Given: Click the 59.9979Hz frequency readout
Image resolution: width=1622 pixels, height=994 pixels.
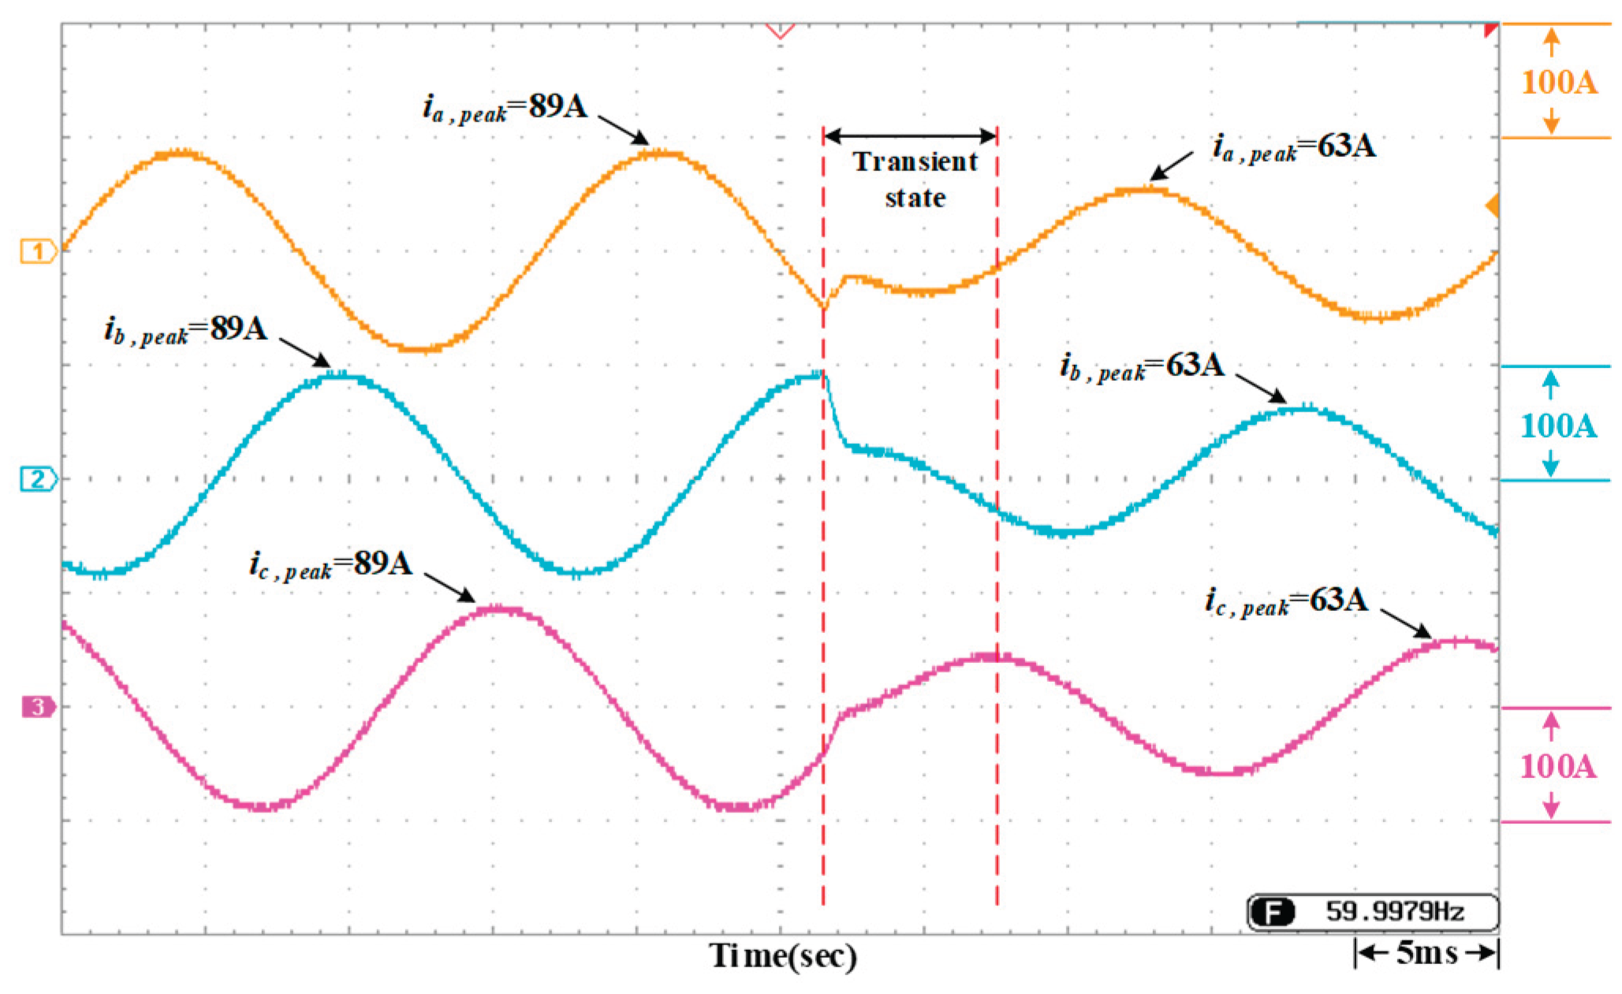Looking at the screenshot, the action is click(1394, 912).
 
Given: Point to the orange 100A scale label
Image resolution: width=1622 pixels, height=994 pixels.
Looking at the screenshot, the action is click(1558, 82).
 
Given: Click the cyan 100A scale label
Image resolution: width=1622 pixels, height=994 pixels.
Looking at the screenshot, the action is click(1558, 426).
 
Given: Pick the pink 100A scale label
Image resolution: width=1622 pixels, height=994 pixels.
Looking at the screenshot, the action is click(1558, 766).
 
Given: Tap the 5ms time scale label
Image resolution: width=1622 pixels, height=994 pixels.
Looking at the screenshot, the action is click(1426, 953).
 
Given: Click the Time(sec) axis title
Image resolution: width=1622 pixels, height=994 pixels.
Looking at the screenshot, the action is click(783, 955).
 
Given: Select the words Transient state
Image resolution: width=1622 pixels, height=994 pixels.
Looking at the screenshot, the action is click(915, 180).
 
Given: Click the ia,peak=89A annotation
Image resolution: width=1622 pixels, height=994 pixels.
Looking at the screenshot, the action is click(505, 107).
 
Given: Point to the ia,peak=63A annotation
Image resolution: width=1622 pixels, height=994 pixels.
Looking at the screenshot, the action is click(1294, 147).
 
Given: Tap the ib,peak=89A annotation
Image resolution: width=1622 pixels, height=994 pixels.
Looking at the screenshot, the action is click(186, 329).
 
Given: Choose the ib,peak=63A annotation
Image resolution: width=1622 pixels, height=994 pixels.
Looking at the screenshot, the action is click(1143, 367).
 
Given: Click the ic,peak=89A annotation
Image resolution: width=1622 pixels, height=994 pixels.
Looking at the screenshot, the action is click(331, 564).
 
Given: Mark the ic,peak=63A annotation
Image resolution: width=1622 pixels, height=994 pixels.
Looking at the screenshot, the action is click(1287, 601).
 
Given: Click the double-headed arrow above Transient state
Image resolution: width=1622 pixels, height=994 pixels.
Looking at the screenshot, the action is click(910, 136).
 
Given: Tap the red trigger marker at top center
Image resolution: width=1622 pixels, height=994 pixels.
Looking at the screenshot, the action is click(780, 32).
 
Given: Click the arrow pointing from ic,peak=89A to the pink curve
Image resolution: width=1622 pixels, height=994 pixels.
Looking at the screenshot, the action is click(449, 587).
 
